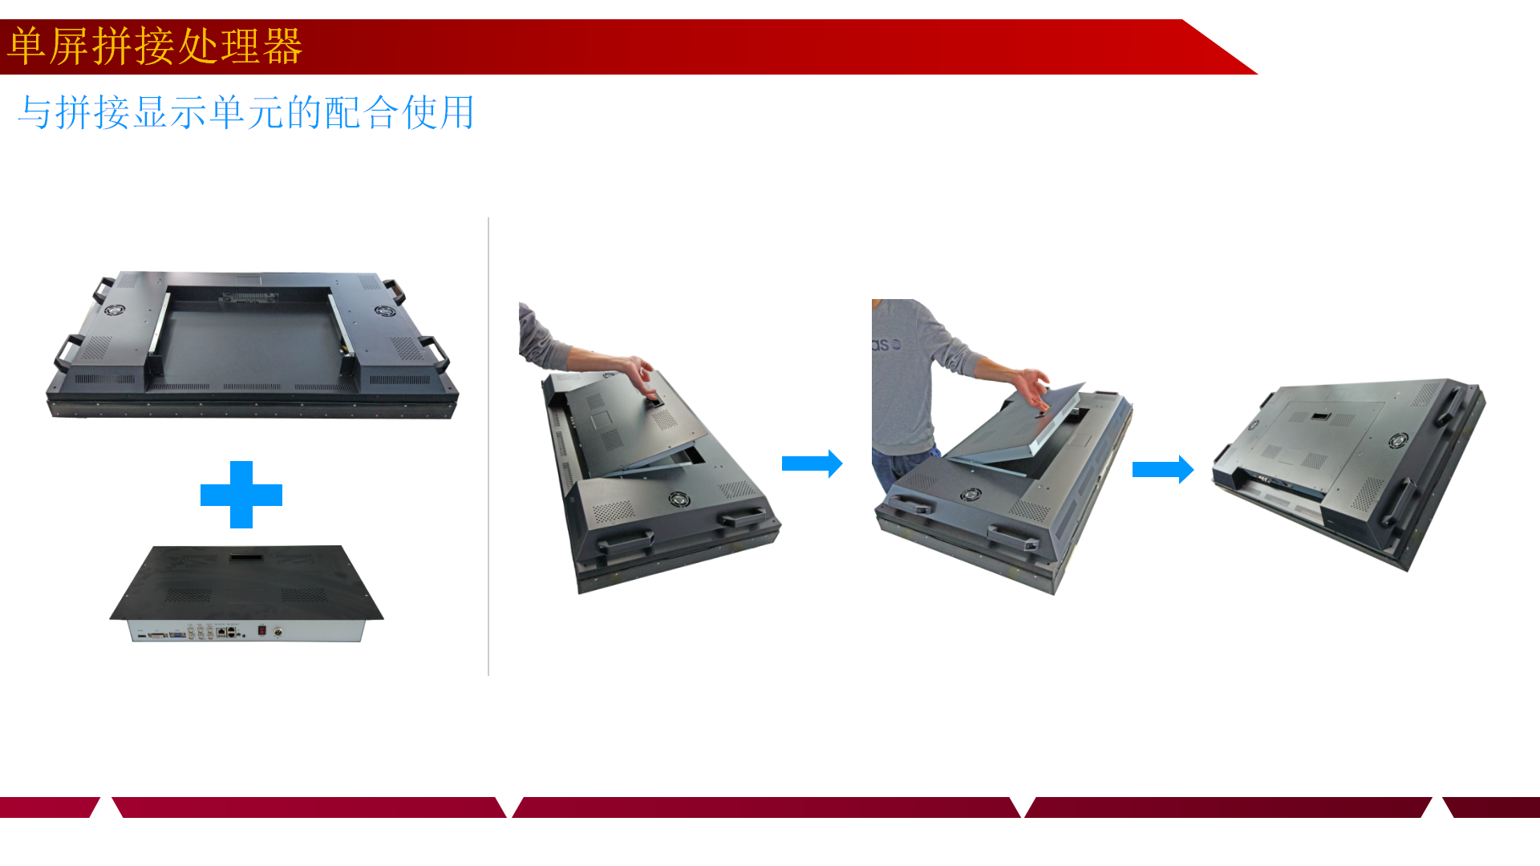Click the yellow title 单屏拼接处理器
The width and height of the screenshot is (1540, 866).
[x=155, y=46]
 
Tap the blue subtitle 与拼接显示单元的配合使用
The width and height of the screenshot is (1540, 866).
[x=246, y=112]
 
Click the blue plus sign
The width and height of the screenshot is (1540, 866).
[x=241, y=495]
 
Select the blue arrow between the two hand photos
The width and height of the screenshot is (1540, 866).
[x=812, y=463]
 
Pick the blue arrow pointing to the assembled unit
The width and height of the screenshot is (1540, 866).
[x=1163, y=469]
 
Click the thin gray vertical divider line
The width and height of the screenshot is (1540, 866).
[x=488, y=446]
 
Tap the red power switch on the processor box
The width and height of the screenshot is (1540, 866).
[x=261, y=631]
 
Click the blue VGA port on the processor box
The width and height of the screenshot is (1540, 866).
[x=177, y=634]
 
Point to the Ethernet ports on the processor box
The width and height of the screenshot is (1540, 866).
[x=226, y=633]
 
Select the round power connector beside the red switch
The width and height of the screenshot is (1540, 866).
[x=278, y=632]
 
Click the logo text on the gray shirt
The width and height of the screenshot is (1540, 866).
[x=886, y=345]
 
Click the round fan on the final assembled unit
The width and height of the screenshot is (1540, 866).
[x=1398, y=440]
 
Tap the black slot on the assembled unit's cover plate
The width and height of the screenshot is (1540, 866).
[x=1321, y=416]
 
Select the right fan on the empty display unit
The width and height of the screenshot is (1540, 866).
[x=385, y=310]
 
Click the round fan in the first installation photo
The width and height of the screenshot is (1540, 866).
[x=679, y=500]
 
